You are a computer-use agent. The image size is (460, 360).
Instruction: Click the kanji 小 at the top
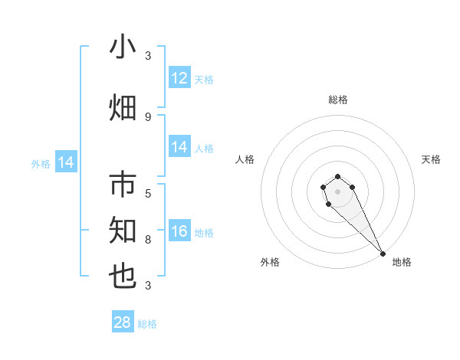123,47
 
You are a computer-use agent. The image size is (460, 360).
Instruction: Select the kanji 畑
123,107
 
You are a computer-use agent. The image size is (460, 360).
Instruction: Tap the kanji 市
123,185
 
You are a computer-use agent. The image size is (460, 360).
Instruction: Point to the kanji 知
123,231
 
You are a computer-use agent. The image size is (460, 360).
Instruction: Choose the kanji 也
123,277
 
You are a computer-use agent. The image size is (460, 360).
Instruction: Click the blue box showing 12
179,78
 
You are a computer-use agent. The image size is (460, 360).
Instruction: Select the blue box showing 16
179,232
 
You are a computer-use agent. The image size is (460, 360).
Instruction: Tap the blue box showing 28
123,322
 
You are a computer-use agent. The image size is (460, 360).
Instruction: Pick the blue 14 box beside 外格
66,162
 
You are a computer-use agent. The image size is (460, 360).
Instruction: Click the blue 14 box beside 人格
179,147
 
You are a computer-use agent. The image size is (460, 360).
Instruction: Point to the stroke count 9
148,116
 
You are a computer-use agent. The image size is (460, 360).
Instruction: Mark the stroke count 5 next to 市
148,193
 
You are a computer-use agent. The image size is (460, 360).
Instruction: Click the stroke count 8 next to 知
148,239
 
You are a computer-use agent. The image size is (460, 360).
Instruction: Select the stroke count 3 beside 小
148,55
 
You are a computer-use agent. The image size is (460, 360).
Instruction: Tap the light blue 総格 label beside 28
147,324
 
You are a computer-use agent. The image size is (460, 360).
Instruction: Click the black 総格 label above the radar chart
337,100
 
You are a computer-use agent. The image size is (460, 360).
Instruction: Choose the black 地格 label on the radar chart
402,262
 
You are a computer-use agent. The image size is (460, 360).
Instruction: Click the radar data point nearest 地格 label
383,254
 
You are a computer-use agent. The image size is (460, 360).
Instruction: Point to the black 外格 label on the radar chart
270,262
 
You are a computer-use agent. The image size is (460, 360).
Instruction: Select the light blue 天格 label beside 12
204,80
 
